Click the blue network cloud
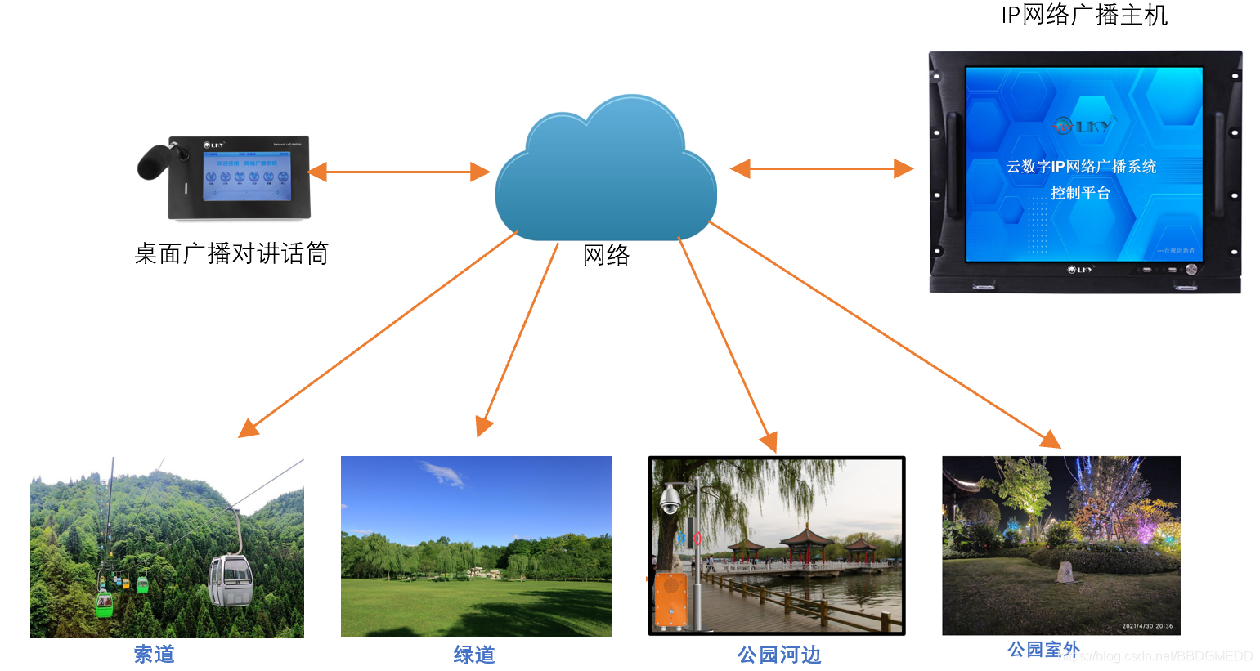click(x=605, y=176)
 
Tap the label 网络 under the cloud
click(x=606, y=255)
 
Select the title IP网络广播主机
click(x=1084, y=15)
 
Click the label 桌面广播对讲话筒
click(x=231, y=253)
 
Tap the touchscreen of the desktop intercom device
click(x=246, y=177)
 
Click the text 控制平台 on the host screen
click(x=1080, y=193)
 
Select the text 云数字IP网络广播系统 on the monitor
click(x=1081, y=167)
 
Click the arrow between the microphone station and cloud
click(x=398, y=172)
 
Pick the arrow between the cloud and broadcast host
click(x=821, y=168)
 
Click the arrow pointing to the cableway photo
click(x=376, y=335)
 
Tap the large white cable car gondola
click(x=231, y=580)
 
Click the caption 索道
click(x=155, y=654)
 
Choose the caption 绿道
click(x=474, y=655)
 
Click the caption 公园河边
click(x=778, y=655)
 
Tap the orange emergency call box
click(x=670, y=602)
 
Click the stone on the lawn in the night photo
click(x=1065, y=572)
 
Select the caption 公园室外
click(x=1043, y=650)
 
